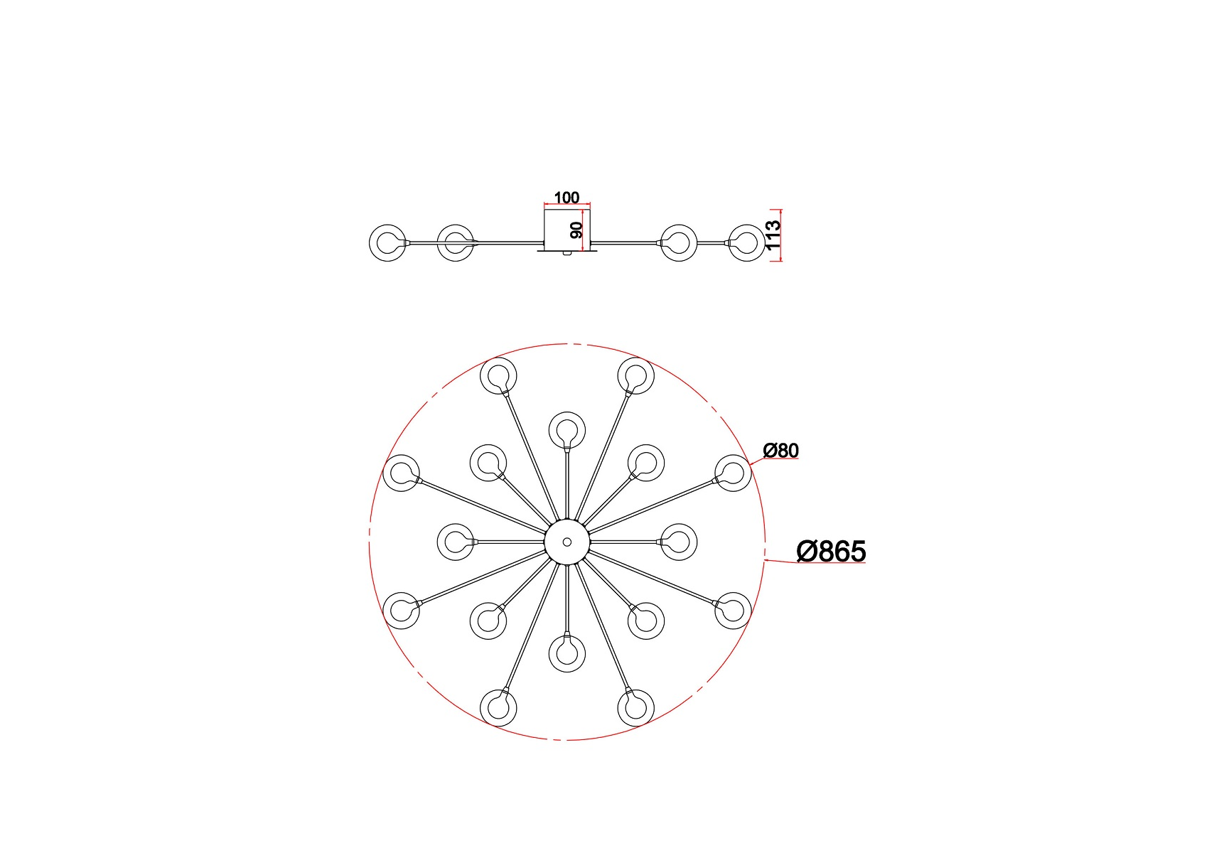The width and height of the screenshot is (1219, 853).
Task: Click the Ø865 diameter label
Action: pyautogui.click(x=831, y=552)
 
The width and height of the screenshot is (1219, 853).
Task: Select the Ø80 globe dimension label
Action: pyautogui.click(x=780, y=451)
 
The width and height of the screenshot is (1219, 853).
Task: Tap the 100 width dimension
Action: pyautogui.click(x=566, y=198)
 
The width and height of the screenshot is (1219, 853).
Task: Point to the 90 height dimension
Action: pyautogui.click(x=576, y=230)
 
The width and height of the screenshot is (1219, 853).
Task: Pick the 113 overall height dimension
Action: pyautogui.click(x=773, y=235)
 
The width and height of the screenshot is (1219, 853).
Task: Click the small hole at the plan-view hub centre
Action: pyautogui.click(x=567, y=542)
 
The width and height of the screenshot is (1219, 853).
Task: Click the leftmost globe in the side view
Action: pyautogui.click(x=388, y=242)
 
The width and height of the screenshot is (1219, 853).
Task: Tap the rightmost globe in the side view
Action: pyautogui.click(x=746, y=242)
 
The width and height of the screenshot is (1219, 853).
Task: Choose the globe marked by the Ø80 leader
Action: pyautogui.click(x=733, y=473)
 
